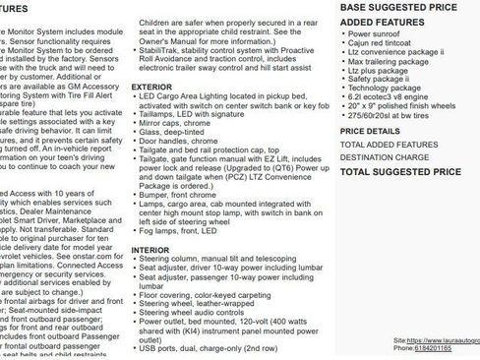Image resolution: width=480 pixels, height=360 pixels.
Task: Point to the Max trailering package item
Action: click(x=387, y=62)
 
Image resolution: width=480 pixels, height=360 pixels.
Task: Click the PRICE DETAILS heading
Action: click(x=370, y=131)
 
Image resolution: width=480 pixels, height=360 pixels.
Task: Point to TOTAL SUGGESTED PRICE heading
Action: click(x=400, y=172)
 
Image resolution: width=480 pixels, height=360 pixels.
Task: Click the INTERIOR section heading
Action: click(x=150, y=251)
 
